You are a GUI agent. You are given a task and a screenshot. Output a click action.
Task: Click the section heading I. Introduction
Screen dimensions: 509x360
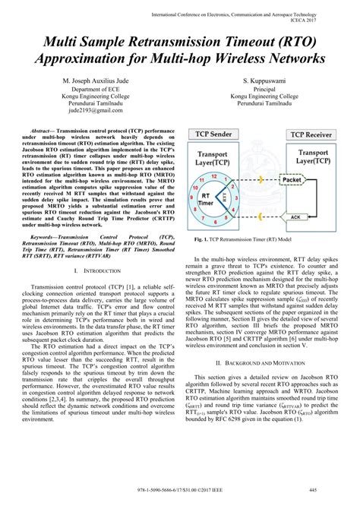pos(90,270)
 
